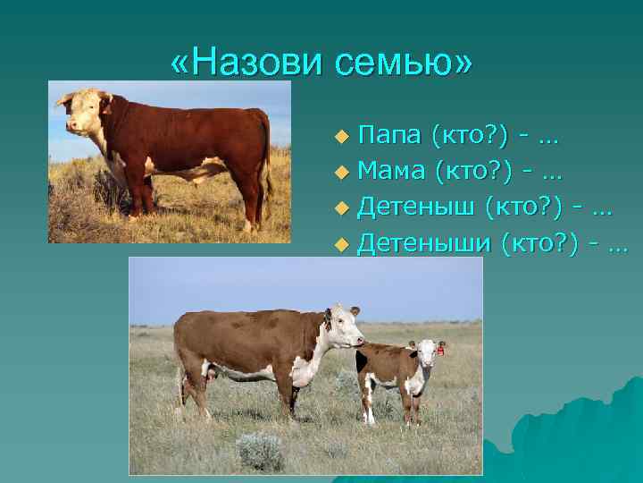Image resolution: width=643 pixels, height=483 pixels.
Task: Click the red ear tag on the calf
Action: click(x=441, y=351)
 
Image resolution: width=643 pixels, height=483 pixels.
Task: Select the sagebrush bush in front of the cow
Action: click(x=259, y=449)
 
